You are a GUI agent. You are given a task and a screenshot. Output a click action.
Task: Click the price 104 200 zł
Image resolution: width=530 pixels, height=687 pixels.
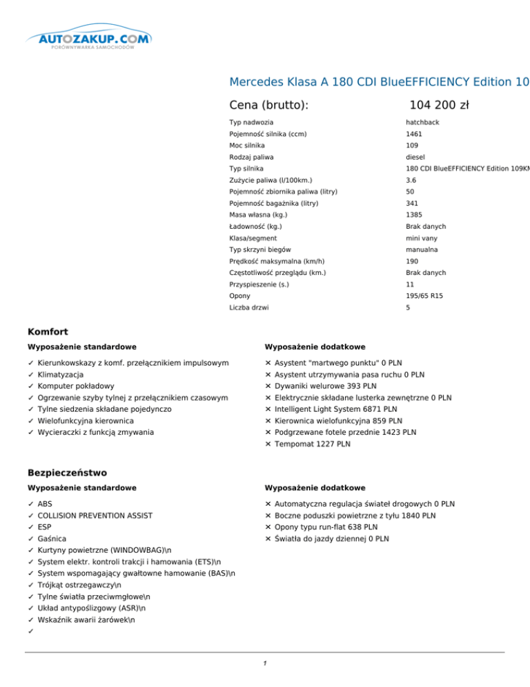439,105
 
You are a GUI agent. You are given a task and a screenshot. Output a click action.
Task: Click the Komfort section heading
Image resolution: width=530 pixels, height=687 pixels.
48,331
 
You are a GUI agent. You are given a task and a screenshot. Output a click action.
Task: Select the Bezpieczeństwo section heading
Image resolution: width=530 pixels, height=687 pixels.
68,472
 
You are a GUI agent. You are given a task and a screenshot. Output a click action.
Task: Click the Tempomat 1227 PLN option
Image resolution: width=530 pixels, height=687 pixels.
312,444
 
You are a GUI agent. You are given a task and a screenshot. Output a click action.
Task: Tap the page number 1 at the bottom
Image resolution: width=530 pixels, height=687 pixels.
265,664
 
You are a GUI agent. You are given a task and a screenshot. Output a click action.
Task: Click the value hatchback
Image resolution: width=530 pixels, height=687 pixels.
422,122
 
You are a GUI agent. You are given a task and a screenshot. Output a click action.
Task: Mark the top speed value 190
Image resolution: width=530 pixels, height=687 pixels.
413,261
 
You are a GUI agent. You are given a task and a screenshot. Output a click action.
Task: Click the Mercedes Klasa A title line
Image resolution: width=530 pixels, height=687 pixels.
379,82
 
